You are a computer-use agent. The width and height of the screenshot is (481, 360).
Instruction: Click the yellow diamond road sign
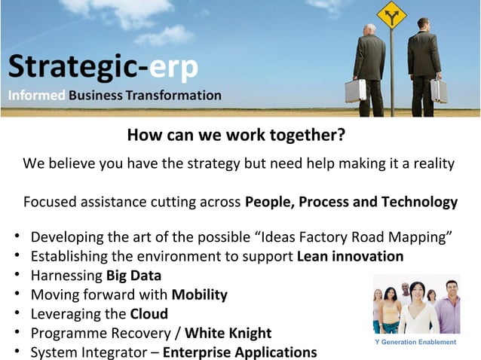[x=391, y=16]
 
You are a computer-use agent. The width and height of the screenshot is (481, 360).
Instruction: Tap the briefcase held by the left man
[x=355, y=91]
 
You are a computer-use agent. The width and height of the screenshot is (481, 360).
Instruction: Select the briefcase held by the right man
[x=438, y=90]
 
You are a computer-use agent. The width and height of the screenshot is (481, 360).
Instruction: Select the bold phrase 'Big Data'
[x=133, y=275]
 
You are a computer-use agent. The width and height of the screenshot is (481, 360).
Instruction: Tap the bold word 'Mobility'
[x=199, y=294]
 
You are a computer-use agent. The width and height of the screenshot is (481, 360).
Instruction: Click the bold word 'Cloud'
[x=149, y=314]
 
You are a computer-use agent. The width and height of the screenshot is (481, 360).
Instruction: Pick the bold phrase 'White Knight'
[x=228, y=333]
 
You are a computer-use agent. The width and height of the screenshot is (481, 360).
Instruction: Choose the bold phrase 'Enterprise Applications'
[x=240, y=352]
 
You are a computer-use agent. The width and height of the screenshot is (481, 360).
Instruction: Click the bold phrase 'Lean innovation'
[x=350, y=256]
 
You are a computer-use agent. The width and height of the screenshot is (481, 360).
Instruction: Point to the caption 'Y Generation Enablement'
[x=415, y=343]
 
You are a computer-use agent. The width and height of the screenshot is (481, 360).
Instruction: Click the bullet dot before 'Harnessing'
[x=17, y=276]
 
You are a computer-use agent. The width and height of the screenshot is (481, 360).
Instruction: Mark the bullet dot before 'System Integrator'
[x=17, y=352]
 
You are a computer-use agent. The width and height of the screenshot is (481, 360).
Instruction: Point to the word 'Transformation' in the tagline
[x=174, y=96]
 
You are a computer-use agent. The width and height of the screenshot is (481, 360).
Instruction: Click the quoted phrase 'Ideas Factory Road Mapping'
[x=357, y=236]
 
